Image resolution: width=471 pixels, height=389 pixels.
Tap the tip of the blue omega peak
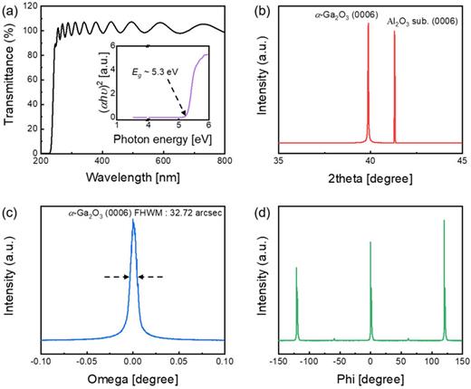point(133,222)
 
